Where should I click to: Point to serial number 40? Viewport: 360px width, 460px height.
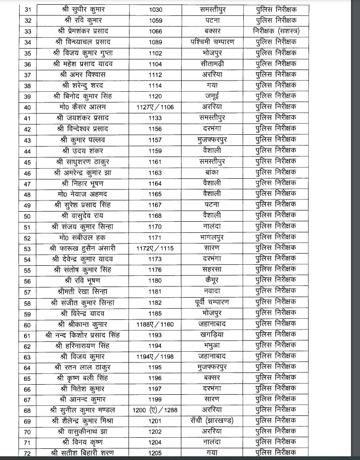pos(28,107)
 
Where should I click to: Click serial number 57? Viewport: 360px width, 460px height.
pos(28,291)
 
